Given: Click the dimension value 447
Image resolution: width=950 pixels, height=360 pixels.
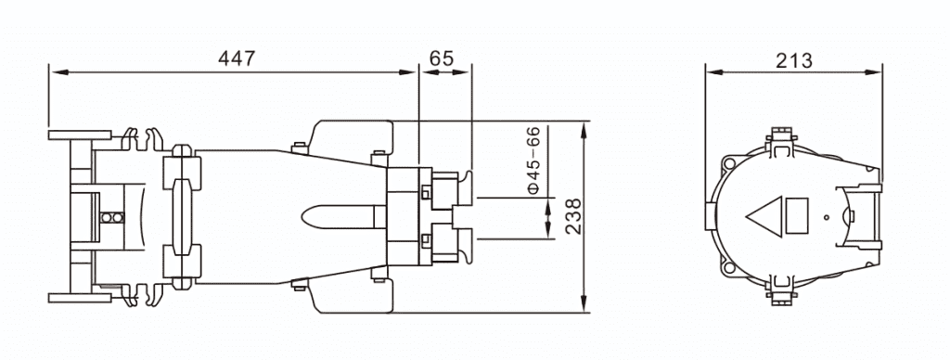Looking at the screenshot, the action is tap(237, 58).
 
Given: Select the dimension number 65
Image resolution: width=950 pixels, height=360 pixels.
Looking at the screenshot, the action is tap(441, 58).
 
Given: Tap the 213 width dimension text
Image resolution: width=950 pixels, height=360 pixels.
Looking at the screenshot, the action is tap(793, 60).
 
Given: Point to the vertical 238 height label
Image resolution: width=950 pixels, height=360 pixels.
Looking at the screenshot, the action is tap(572, 216).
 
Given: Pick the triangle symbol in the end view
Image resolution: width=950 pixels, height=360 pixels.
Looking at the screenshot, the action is tap(764, 216).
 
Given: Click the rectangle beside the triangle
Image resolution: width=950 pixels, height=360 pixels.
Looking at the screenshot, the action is tap(796, 216).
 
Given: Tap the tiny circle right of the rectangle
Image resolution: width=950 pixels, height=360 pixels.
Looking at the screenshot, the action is tap(826, 216).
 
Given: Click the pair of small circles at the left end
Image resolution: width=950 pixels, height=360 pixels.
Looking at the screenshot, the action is tap(112, 217).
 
